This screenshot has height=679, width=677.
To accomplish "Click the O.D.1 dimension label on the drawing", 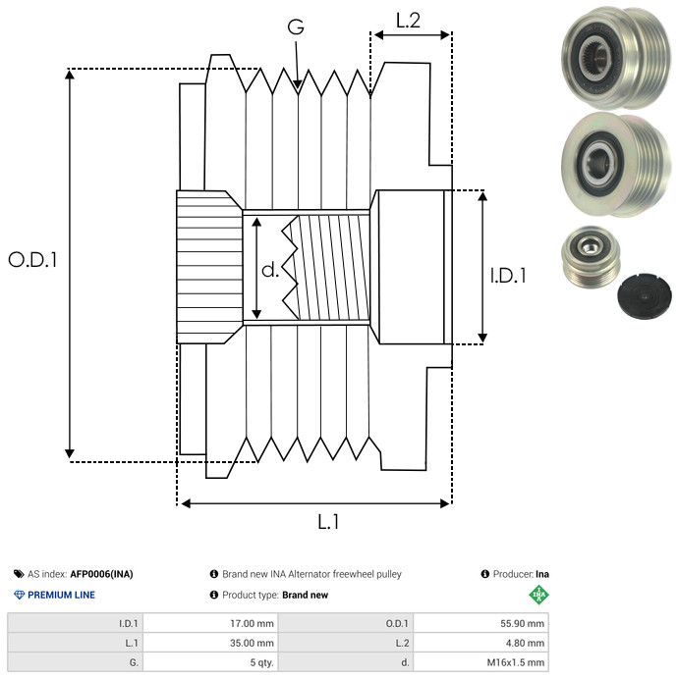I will (33, 261).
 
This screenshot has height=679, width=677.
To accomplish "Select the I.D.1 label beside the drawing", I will (508, 277).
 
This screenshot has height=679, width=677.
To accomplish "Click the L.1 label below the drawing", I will (328, 522).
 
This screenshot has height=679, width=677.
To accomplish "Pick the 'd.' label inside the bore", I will (270, 269).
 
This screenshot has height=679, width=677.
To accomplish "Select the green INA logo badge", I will (537, 594).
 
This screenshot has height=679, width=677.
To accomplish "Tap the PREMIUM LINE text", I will (61, 595).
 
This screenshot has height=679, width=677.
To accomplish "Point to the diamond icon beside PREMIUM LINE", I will (19, 595).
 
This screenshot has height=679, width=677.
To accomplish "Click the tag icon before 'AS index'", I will (19, 574).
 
